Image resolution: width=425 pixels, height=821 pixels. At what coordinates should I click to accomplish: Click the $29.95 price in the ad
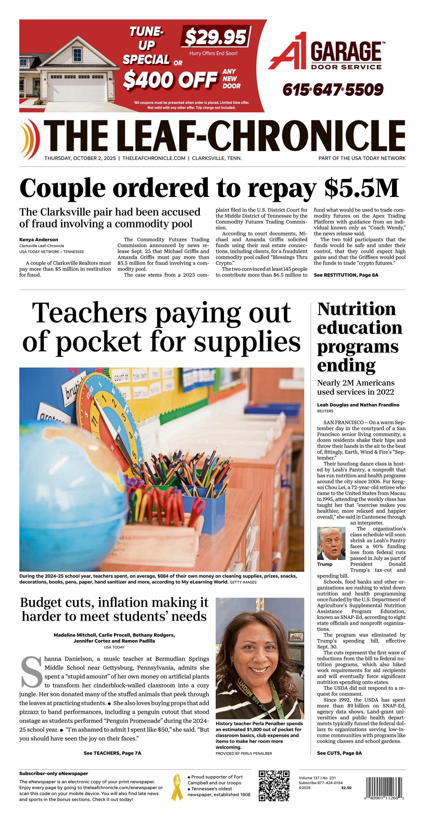tap(215, 37)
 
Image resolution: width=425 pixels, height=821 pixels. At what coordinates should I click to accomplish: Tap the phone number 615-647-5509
tap(333, 90)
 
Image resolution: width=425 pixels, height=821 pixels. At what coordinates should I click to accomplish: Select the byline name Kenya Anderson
tap(39, 239)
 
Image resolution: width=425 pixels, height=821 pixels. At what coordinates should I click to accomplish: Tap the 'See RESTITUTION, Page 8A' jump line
tap(346, 275)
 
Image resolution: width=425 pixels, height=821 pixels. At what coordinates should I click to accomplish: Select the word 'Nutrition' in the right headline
tap(356, 309)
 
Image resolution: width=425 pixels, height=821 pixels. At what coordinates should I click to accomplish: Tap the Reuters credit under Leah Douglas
tap(325, 411)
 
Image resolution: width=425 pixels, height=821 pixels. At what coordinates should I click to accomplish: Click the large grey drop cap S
tap(31, 671)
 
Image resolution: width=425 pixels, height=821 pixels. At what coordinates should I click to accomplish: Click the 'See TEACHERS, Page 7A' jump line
tap(112, 753)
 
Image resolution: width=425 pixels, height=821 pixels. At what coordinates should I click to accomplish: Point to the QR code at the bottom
tap(274, 786)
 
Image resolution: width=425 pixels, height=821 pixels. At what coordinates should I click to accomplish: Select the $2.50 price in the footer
tap(346, 788)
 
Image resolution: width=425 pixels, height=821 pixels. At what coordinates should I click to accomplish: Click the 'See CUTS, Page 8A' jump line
tap(339, 753)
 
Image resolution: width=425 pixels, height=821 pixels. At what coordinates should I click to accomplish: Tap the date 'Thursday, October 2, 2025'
tap(80, 158)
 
